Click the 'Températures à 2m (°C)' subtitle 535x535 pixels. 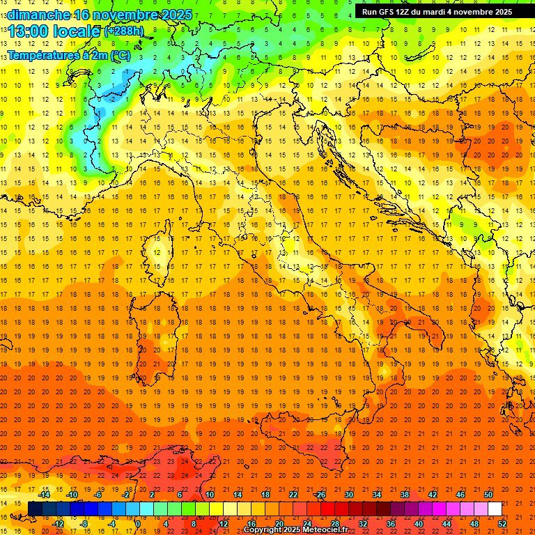tap(69, 56)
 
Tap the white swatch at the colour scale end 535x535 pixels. tap(495, 509)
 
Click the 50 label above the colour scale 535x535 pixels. tap(488, 495)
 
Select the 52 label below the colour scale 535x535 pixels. tap(503, 523)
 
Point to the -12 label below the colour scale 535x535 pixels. tap(58, 523)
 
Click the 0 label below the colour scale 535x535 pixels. tap(137, 523)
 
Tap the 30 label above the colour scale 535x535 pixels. tap(348, 495)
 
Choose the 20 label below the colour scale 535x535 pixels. tap(279, 523)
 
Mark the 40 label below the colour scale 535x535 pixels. tap(419, 523)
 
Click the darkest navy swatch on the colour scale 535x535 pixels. tap(35, 509)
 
